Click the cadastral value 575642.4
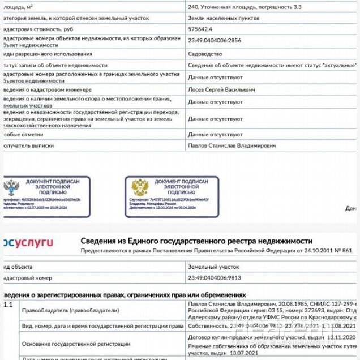tap(200, 28)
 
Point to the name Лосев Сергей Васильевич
tap(221, 89)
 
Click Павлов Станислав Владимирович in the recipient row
tap(232, 145)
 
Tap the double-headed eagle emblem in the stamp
tap(139, 187)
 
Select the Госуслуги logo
tap(28, 243)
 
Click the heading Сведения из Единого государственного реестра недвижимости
tap(196, 241)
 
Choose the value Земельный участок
tap(213, 266)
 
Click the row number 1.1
tap(8, 305)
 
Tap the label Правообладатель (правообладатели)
tap(70, 310)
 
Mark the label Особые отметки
tap(23, 135)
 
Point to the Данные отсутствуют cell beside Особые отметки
tap(215, 135)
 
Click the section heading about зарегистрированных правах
tap(125, 295)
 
